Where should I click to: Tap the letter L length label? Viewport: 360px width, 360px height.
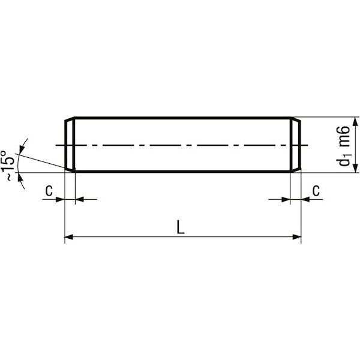coord(181,227)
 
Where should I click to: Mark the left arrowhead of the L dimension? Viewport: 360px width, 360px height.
coord(68,238)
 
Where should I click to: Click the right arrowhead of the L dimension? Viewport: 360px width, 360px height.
coord(296,238)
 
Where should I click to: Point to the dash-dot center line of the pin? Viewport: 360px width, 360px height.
coord(180,145)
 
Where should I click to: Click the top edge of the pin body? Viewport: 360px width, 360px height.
coord(180,118)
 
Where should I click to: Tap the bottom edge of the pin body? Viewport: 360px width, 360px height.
coord(180,172)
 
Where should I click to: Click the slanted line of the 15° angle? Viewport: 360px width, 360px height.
coord(42,160)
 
